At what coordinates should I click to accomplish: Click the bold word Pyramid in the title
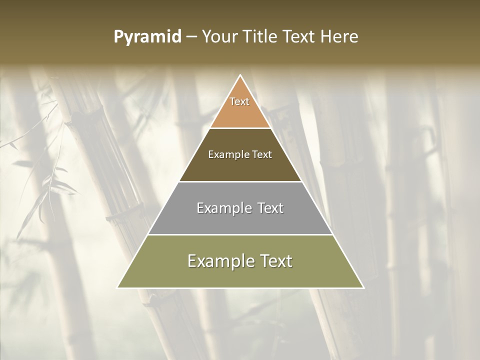147,37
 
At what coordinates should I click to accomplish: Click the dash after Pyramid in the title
191,37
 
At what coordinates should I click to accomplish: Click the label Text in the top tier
239,101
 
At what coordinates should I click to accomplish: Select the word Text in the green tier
275,261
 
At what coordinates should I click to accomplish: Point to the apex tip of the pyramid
240,76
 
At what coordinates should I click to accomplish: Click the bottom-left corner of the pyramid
118,287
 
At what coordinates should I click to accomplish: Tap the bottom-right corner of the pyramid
363,287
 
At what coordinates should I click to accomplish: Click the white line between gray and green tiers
240,234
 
